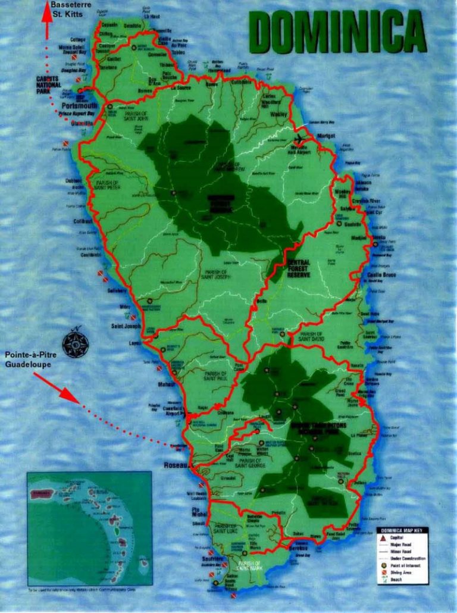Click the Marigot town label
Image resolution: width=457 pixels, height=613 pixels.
click(x=325, y=136)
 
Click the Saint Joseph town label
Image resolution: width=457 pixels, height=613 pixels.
click(x=125, y=326)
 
